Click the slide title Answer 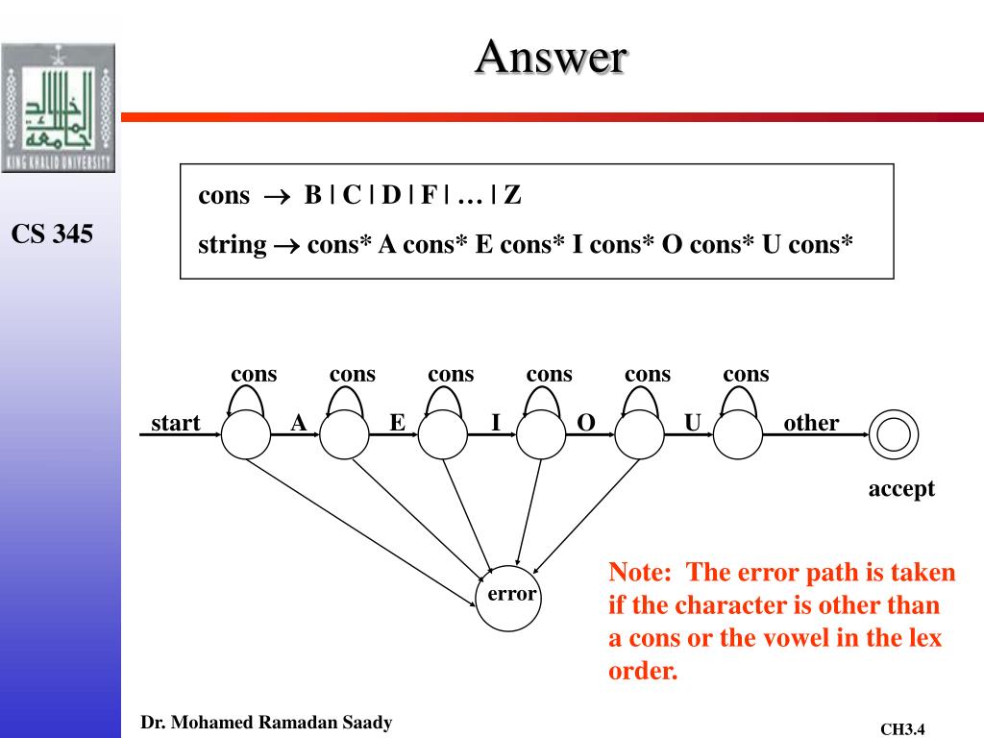[x=551, y=58]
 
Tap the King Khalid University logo [x=59, y=108]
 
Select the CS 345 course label [x=52, y=234]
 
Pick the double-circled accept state [x=893, y=434]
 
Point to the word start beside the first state [x=175, y=423]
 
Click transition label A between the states [x=299, y=423]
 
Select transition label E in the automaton [x=397, y=423]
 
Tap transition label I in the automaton [x=496, y=423]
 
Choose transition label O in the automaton [x=585, y=423]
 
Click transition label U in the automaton [x=692, y=423]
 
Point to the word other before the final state [x=811, y=423]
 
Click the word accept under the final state [x=901, y=489]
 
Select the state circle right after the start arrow [x=247, y=434]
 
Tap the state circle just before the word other [x=738, y=434]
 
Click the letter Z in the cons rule [x=512, y=196]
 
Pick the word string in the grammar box [x=233, y=244]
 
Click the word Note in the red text [x=638, y=574]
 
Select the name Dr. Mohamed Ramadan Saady [x=266, y=723]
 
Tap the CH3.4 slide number [x=902, y=729]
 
